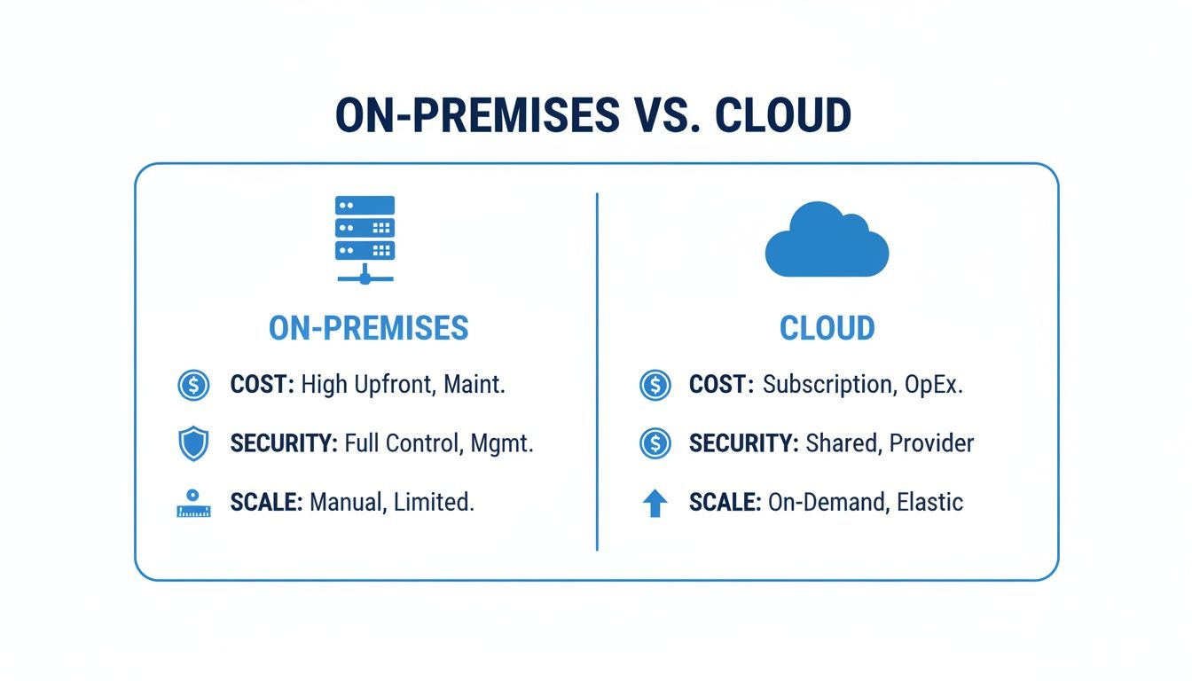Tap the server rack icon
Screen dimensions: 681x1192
pos(365,239)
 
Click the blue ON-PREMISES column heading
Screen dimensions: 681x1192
pos(368,328)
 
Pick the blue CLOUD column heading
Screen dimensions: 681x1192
pos(827,328)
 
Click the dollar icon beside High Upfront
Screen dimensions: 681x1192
pos(193,385)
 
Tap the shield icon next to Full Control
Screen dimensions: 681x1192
pos(193,443)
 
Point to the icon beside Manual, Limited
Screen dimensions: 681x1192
pos(193,503)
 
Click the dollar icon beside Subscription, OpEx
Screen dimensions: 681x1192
pos(655,385)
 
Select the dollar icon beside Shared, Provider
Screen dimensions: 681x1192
pos(655,443)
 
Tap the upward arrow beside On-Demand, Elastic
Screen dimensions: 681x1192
pos(655,503)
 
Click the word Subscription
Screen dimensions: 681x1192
pos(828,385)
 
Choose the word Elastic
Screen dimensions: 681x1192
pos(929,503)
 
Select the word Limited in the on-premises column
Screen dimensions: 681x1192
pos(434,503)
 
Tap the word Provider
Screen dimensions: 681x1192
pos(931,443)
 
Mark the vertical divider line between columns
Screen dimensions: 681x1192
pos(597,372)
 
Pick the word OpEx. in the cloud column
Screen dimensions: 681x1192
pos(934,385)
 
